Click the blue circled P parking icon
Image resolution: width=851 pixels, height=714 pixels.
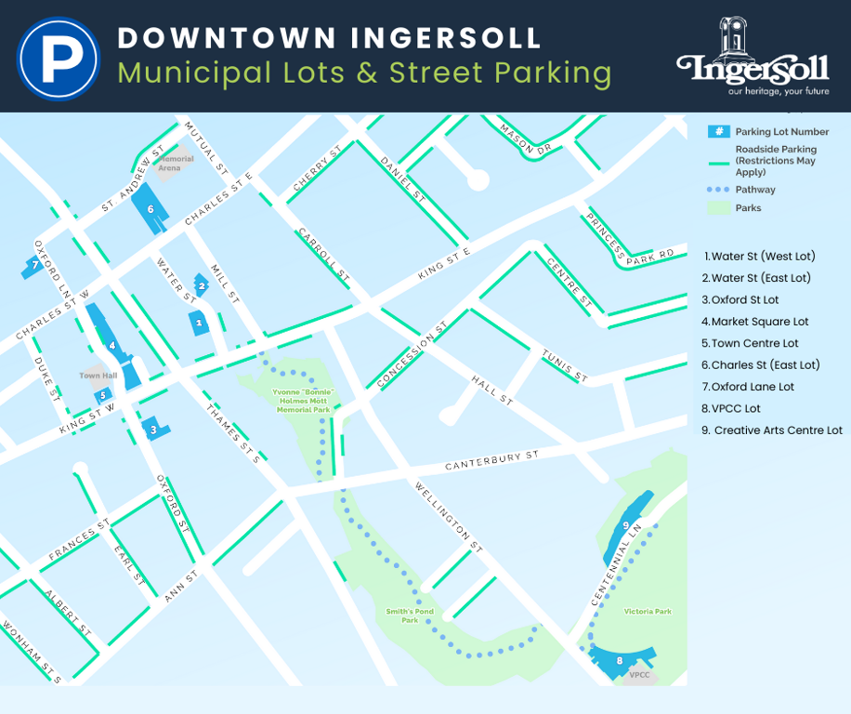pos(59,58)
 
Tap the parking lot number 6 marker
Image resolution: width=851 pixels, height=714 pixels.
pos(151,209)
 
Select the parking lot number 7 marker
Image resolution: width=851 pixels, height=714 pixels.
pos(34,266)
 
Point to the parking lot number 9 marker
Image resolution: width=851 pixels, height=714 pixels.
pos(626,526)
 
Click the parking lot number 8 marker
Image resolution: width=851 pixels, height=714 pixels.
pos(620,661)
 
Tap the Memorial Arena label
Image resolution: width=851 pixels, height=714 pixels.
pos(176,164)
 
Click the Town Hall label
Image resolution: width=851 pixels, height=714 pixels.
pos(98,377)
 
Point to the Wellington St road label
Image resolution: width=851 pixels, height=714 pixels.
pos(449,514)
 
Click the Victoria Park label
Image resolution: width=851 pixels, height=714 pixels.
pos(648,611)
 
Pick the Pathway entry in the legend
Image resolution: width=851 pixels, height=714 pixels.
pos(754,190)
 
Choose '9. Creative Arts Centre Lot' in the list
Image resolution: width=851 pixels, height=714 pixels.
pos(772,430)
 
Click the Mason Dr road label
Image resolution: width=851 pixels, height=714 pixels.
pos(525,139)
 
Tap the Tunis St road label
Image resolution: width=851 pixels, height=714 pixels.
pos(565,364)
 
